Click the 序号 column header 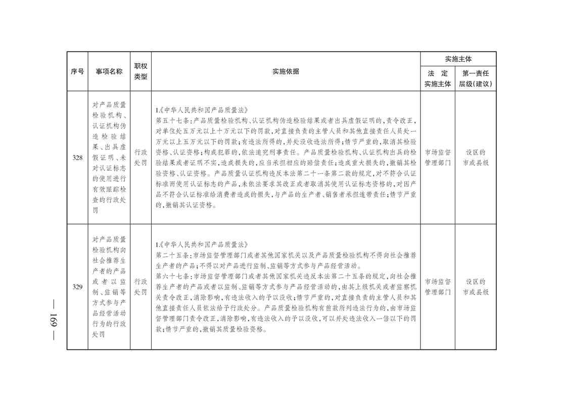[x=77, y=71]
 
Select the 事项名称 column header [x=109, y=71]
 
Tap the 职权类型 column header [x=140, y=71]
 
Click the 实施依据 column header [x=286, y=71]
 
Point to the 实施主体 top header [x=458, y=59]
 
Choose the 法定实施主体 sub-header [x=437, y=78]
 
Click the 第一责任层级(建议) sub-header [x=475, y=78]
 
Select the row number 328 [x=77, y=157]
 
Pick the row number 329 [x=77, y=287]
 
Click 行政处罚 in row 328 [x=140, y=157]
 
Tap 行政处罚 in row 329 [x=140, y=287]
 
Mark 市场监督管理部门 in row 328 [x=438, y=157]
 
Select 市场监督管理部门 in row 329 [x=438, y=287]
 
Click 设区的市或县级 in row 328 [x=476, y=157]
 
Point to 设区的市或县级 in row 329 [x=476, y=287]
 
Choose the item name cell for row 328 [x=109, y=157]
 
